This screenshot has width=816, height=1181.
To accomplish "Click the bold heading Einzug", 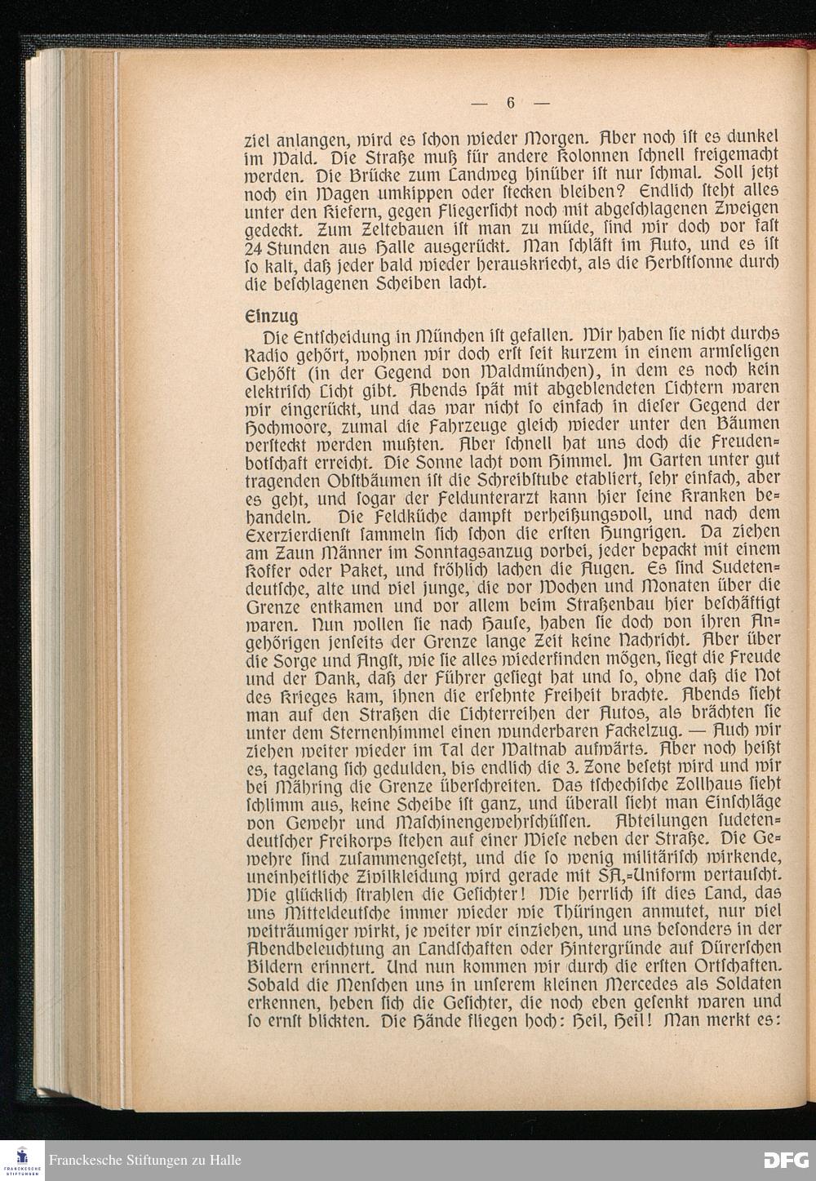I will pyautogui.click(x=271, y=315).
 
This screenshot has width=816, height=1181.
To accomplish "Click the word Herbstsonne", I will pyautogui.click(x=693, y=265).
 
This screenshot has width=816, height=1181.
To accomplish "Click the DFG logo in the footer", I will pyautogui.click(x=785, y=1159).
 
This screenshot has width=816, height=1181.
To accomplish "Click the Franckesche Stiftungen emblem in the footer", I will pyautogui.click(x=22, y=1160).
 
